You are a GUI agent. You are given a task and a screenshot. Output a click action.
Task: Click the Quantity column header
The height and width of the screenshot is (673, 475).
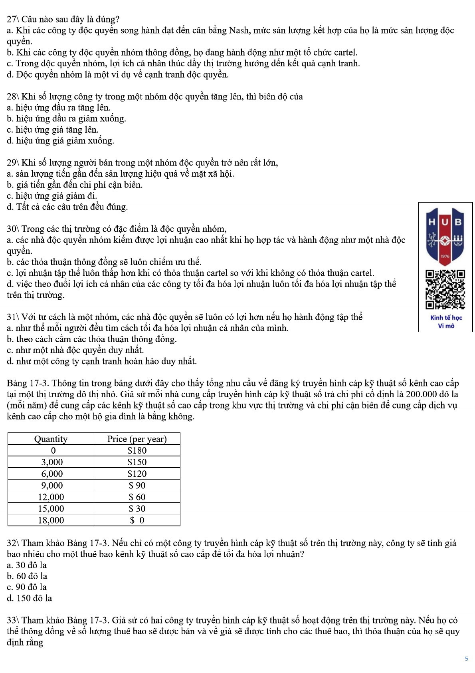(x=51, y=439)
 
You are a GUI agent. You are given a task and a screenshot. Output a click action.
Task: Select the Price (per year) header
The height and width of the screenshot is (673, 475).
(x=137, y=439)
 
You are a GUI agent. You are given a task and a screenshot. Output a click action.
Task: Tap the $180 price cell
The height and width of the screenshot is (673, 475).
(x=137, y=450)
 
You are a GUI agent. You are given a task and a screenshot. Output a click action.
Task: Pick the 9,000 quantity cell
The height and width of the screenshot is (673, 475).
(x=52, y=485)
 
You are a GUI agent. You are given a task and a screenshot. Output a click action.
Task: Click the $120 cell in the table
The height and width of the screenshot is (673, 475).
(x=137, y=474)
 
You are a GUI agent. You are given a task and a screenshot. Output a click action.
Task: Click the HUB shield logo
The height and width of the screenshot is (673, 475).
(x=445, y=236)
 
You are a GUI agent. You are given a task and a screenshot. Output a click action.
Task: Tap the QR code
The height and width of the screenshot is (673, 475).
(x=445, y=289)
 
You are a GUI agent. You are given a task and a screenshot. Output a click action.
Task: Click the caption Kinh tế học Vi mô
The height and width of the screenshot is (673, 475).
(x=446, y=322)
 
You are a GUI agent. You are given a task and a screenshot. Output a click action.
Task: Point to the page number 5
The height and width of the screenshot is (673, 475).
(x=466, y=659)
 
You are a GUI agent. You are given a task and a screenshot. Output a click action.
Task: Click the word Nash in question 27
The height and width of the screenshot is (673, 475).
(x=238, y=30)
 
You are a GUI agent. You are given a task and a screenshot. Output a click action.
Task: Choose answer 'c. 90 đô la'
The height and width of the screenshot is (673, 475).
(x=27, y=587)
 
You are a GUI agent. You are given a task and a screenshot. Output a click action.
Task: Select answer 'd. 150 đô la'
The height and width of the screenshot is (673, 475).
(x=29, y=598)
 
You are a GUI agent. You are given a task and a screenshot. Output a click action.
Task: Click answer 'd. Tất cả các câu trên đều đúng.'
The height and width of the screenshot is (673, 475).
(x=67, y=207)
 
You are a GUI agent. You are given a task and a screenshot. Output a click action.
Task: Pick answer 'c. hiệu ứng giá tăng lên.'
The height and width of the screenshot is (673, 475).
(x=52, y=129)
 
